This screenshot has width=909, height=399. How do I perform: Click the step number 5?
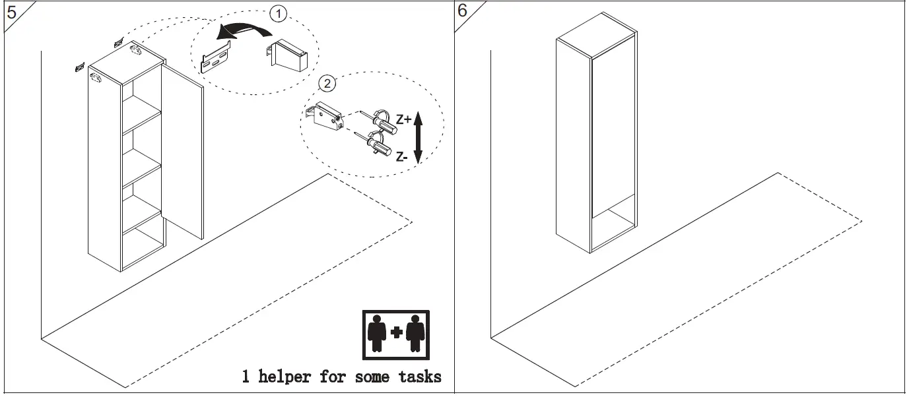click(x=11, y=12)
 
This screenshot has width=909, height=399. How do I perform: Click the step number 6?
click(x=463, y=11)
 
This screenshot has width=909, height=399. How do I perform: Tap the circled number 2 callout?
click(x=327, y=83)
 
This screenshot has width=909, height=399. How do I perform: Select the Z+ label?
click(x=403, y=119)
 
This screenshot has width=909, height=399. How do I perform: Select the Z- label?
click(x=402, y=156)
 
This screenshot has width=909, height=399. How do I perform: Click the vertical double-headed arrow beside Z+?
click(x=417, y=138)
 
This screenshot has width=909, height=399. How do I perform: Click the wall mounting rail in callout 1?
click(x=216, y=58)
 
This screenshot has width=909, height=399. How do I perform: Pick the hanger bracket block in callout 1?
click(x=288, y=55)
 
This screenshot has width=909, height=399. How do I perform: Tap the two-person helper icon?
click(x=396, y=333)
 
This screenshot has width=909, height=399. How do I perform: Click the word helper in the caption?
click(x=285, y=377)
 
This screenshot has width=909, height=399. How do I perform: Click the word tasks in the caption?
click(x=419, y=377)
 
